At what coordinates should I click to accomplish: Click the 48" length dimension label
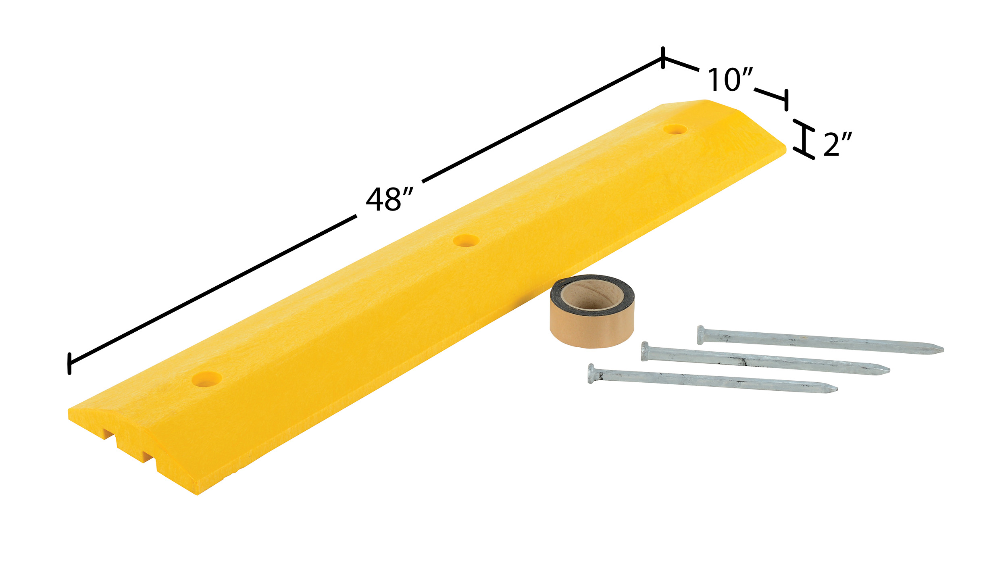pyautogui.click(x=389, y=200)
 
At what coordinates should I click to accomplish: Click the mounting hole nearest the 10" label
pyautogui.click(x=675, y=129)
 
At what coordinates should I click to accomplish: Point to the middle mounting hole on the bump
pyautogui.click(x=466, y=241)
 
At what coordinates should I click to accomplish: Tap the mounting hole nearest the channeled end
pyautogui.click(x=207, y=379)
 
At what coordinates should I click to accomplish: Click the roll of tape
pyautogui.click(x=592, y=311)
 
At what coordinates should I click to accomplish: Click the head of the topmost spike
pyautogui.click(x=700, y=335)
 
